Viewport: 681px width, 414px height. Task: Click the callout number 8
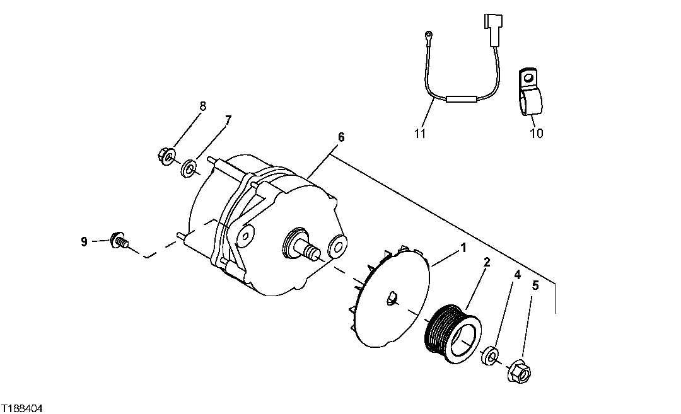click(x=202, y=106)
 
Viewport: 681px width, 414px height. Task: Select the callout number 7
click(x=228, y=120)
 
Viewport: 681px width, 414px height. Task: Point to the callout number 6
click(x=340, y=137)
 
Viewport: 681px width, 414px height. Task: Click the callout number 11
click(x=421, y=134)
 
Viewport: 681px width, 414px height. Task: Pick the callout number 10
click(x=536, y=134)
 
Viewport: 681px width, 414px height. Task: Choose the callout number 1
click(x=463, y=248)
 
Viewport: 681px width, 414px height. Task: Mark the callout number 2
click(x=486, y=262)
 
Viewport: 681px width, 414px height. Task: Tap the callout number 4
click(x=517, y=275)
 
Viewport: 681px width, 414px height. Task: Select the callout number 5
click(x=535, y=285)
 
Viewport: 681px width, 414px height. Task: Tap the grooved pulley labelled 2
click(x=451, y=333)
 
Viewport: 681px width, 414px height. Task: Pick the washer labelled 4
click(x=491, y=356)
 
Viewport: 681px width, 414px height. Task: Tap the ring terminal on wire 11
click(x=428, y=34)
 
